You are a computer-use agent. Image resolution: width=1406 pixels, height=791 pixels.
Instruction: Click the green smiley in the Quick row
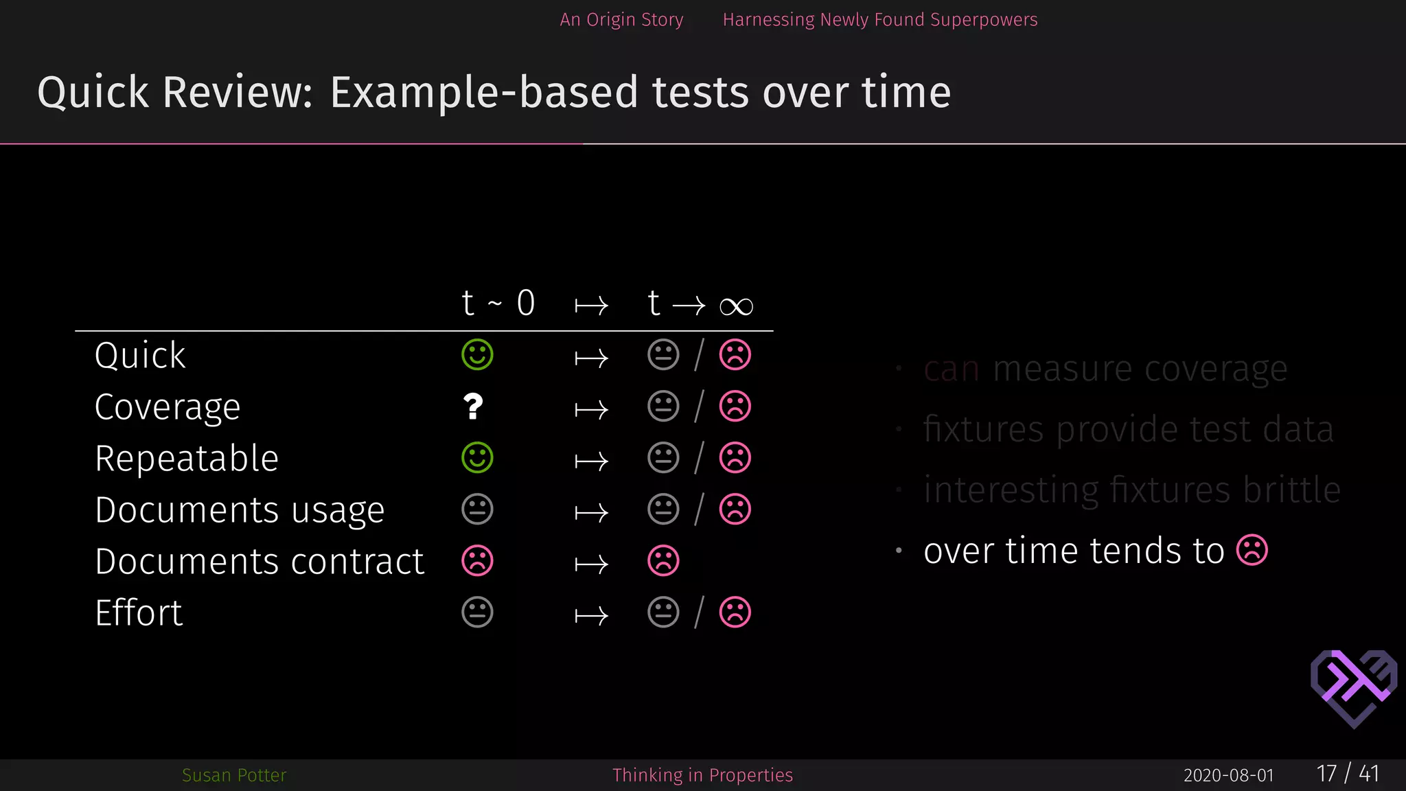pyautogui.click(x=477, y=355)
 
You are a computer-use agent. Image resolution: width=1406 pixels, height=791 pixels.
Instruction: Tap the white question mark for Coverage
pyautogui.click(x=473, y=406)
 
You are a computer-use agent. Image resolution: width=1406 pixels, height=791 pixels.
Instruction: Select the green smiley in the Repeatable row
pyautogui.click(x=477, y=458)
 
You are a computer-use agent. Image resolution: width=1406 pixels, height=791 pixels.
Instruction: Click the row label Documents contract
pyautogui.click(x=260, y=562)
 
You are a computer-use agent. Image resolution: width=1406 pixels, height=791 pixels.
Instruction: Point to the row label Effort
pyautogui.click(x=139, y=612)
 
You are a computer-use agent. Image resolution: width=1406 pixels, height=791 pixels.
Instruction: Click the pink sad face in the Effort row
pyautogui.click(x=735, y=612)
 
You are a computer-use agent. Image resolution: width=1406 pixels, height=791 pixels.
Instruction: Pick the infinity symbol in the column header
pyautogui.click(x=736, y=306)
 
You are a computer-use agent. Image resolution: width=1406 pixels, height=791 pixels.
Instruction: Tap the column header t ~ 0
pyautogui.click(x=498, y=303)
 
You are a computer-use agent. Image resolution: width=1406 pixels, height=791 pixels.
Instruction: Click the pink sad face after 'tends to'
pyautogui.click(x=1252, y=551)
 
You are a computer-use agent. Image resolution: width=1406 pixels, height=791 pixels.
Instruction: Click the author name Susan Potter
pyautogui.click(x=234, y=775)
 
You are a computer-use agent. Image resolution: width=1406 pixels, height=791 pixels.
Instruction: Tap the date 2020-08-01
pyautogui.click(x=1228, y=776)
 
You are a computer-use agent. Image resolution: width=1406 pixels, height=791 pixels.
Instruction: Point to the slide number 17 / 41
pyautogui.click(x=1348, y=774)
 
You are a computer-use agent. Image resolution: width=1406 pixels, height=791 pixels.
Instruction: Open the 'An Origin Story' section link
pyautogui.click(x=621, y=20)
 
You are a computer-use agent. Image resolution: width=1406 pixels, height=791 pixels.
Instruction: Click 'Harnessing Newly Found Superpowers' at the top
pyautogui.click(x=880, y=20)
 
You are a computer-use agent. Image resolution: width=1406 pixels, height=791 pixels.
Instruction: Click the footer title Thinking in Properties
pyautogui.click(x=702, y=775)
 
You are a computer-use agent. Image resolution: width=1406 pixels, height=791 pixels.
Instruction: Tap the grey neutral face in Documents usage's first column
pyautogui.click(x=477, y=509)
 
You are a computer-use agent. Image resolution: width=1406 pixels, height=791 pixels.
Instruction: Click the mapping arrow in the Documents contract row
pyautogui.click(x=591, y=564)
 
